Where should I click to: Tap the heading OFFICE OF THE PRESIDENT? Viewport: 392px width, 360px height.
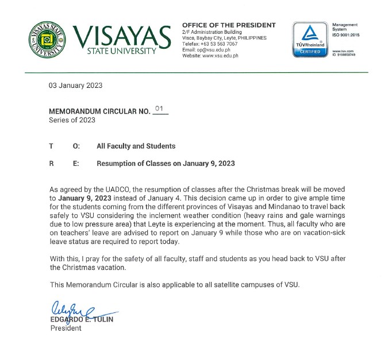pos(229,25)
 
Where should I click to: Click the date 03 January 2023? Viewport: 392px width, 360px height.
pos(76,86)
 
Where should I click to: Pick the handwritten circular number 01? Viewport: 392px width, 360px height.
pos(160,109)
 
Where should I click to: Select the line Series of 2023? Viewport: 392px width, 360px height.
pos(72,120)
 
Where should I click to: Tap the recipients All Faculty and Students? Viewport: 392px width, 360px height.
pos(136,146)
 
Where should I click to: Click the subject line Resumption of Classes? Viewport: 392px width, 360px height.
pos(166,164)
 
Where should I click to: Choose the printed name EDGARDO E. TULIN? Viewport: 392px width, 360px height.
pos(81,319)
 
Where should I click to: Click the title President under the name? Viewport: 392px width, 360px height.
pos(66,328)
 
